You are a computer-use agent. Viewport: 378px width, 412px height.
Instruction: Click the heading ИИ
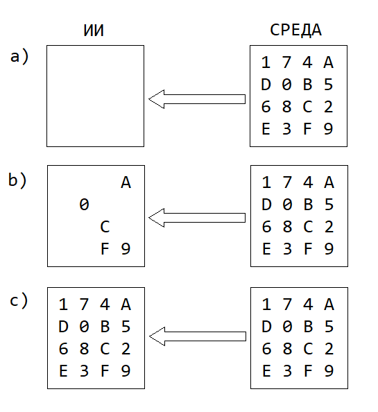click(x=94, y=31)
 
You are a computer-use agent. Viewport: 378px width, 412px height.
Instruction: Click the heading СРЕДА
click(x=295, y=30)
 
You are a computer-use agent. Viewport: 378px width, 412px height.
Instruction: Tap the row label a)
click(x=19, y=56)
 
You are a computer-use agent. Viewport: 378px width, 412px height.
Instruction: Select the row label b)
click(x=17, y=180)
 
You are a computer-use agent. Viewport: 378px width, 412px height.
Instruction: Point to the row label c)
click(x=19, y=300)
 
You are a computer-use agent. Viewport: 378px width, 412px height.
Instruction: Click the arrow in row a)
click(x=197, y=99)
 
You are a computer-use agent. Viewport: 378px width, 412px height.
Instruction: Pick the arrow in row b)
click(x=197, y=218)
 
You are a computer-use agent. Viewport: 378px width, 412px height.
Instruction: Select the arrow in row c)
click(x=198, y=336)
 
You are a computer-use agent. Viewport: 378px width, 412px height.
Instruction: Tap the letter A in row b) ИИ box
click(x=126, y=182)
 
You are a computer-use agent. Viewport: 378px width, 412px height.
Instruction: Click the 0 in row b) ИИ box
click(x=84, y=205)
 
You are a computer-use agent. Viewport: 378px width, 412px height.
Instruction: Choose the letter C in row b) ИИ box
click(x=105, y=227)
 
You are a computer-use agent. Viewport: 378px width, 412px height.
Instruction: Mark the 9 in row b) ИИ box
click(x=126, y=248)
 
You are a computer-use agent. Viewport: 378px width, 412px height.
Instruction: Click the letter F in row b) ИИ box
click(x=105, y=248)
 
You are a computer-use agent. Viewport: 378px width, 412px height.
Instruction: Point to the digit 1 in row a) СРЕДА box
click(x=266, y=62)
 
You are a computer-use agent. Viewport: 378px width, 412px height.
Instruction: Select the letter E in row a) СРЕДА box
click(x=266, y=129)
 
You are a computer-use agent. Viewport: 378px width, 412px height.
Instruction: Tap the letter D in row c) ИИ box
click(x=63, y=327)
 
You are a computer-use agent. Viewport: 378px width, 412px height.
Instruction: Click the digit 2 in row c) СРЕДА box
click(x=329, y=349)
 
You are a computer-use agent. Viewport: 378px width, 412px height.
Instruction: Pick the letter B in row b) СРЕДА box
click(x=308, y=205)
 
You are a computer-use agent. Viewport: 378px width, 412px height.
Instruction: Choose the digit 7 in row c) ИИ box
click(x=84, y=304)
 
